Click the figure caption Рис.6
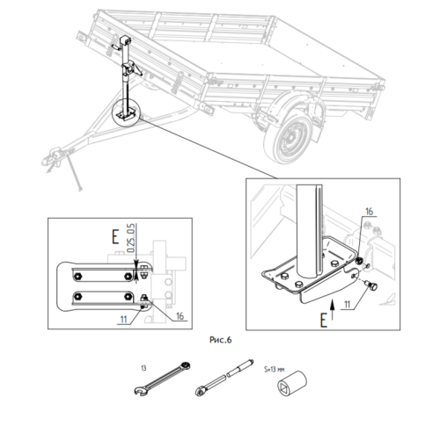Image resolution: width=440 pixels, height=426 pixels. click(221, 340)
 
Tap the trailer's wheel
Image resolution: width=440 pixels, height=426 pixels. click(289, 137)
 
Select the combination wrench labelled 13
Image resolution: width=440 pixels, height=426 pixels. click(162, 379)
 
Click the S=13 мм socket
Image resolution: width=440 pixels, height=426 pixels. click(292, 384)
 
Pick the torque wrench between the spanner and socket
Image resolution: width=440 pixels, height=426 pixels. click(224, 378)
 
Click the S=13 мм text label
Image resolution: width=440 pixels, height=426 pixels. click(275, 370)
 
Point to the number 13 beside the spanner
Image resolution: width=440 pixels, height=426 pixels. click(143, 368)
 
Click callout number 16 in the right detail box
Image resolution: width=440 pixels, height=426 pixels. click(369, 212)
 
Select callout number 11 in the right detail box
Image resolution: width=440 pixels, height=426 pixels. click(347, 305)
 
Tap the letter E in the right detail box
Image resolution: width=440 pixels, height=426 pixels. click(323, 320)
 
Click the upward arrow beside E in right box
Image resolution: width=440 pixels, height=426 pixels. click(332, 309)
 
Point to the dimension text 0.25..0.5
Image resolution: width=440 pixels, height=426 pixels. click(131, 238)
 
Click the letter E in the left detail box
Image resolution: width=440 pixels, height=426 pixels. click(115, 237)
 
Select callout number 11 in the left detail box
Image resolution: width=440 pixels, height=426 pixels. click(123, 319)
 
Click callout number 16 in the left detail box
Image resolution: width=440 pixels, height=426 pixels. click(180, 316)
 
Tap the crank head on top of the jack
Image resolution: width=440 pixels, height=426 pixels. click(125, 40)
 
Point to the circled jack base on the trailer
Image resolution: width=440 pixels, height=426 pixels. click(127, 112)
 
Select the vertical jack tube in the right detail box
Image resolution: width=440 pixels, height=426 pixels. click(310, 230)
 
